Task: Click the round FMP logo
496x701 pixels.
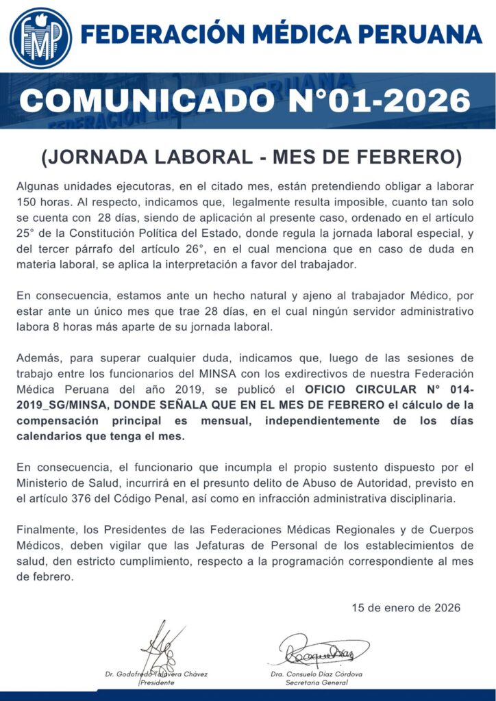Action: (x=40, y=37)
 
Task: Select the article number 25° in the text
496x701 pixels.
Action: (x=25, y=233)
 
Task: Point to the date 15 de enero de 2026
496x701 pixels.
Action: (x=406, y=607)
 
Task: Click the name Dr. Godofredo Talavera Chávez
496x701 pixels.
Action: (x=156, y=674)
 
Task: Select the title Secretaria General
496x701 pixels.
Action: (x=316, y=683)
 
